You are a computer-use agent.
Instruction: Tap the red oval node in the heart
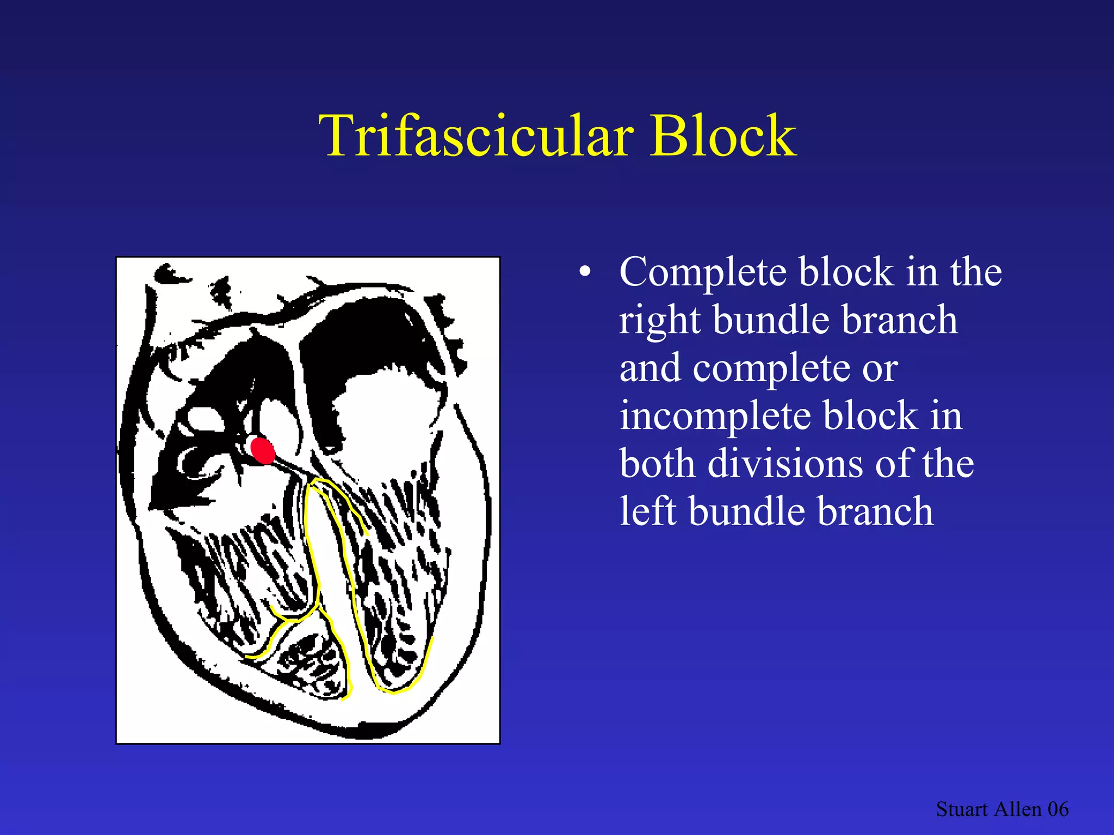click(x=263, y=451)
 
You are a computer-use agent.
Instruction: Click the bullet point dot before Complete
click(x=585, y=272)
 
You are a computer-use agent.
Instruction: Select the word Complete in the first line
click(x=702, y=272)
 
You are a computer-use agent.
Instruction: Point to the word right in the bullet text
click(x=659, y=321)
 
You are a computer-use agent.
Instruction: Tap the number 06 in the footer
click(x=1058, y=809)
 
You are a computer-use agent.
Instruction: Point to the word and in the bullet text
click(x=649, y=369)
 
